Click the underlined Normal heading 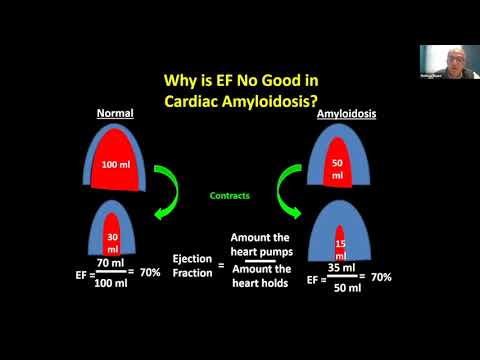[x=115, y=113]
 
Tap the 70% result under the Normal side [x=149, y=272]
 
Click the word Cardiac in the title [x=205, y=100]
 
